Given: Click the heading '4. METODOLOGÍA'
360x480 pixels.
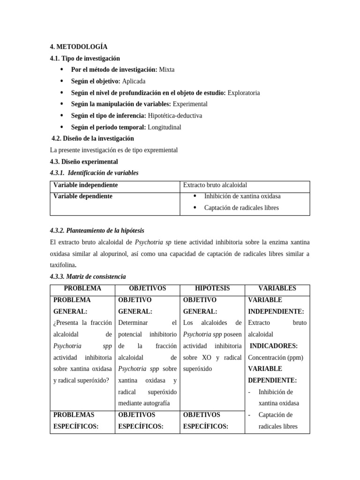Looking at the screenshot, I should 78,47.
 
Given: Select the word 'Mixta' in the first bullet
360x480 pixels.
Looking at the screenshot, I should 166,69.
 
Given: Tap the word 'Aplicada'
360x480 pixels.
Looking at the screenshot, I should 134,81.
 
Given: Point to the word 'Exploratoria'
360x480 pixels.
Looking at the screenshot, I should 243,93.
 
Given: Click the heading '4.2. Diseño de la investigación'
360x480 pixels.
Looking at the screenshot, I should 92,138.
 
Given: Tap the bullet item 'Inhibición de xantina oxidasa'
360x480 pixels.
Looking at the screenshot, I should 242,196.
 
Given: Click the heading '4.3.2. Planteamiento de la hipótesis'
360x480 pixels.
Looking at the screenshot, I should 97,231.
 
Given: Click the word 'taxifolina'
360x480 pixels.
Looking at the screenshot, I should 63,265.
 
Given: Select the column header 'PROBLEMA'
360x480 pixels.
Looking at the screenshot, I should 82,288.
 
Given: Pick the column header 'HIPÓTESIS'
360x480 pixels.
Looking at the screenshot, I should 212,288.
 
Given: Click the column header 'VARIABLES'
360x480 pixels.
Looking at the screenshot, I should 277,288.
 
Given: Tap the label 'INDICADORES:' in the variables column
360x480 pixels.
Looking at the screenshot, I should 274,346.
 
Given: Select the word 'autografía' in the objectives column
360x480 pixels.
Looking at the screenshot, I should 155,403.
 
